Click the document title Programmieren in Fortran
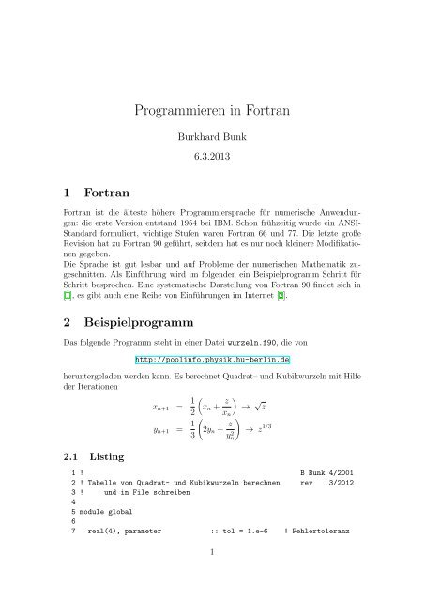(212, 110)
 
